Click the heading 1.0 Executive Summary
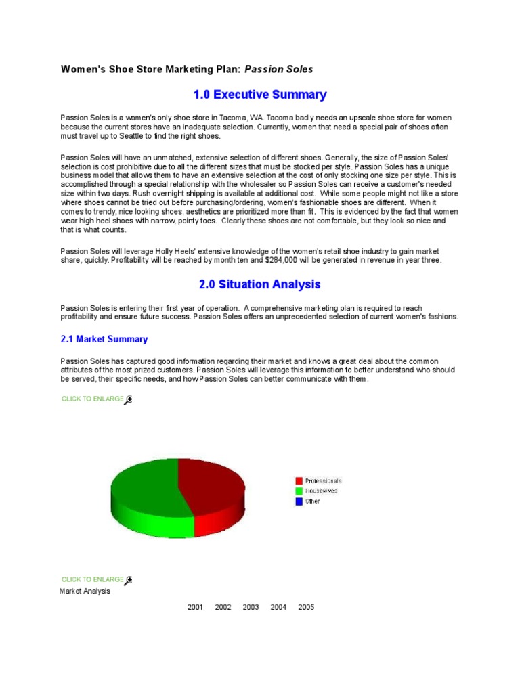[261, 95]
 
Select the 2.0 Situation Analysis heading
[260, 284]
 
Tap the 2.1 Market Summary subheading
[104, 339]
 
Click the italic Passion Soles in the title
[278, 69]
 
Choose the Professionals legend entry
[323, 480]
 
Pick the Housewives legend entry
[321, 491]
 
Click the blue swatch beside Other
[299, 501]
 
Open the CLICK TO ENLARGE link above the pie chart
[92, 399]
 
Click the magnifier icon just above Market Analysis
[129, 580]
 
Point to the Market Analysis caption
[85, 591]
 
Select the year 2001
[195, 607]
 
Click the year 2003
[251, 607]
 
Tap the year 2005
[306, 607]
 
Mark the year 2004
[278, 607]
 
